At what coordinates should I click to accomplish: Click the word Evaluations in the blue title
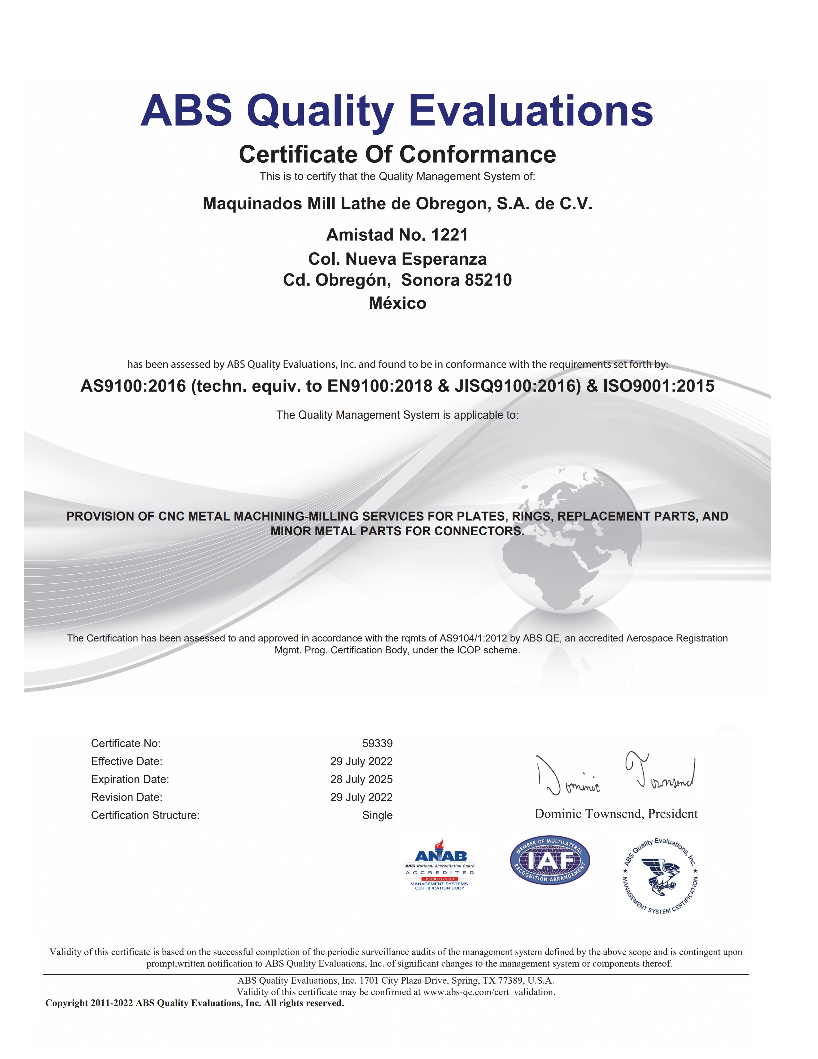(531, 111)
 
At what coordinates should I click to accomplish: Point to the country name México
(397, 304)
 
